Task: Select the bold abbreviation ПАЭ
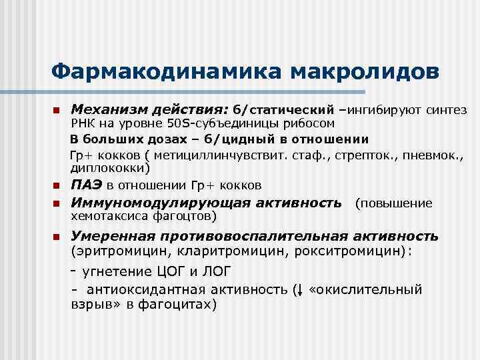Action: tap(86, 185)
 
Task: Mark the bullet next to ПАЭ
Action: tap(57, 185)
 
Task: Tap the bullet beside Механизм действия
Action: tap(57, 109)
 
